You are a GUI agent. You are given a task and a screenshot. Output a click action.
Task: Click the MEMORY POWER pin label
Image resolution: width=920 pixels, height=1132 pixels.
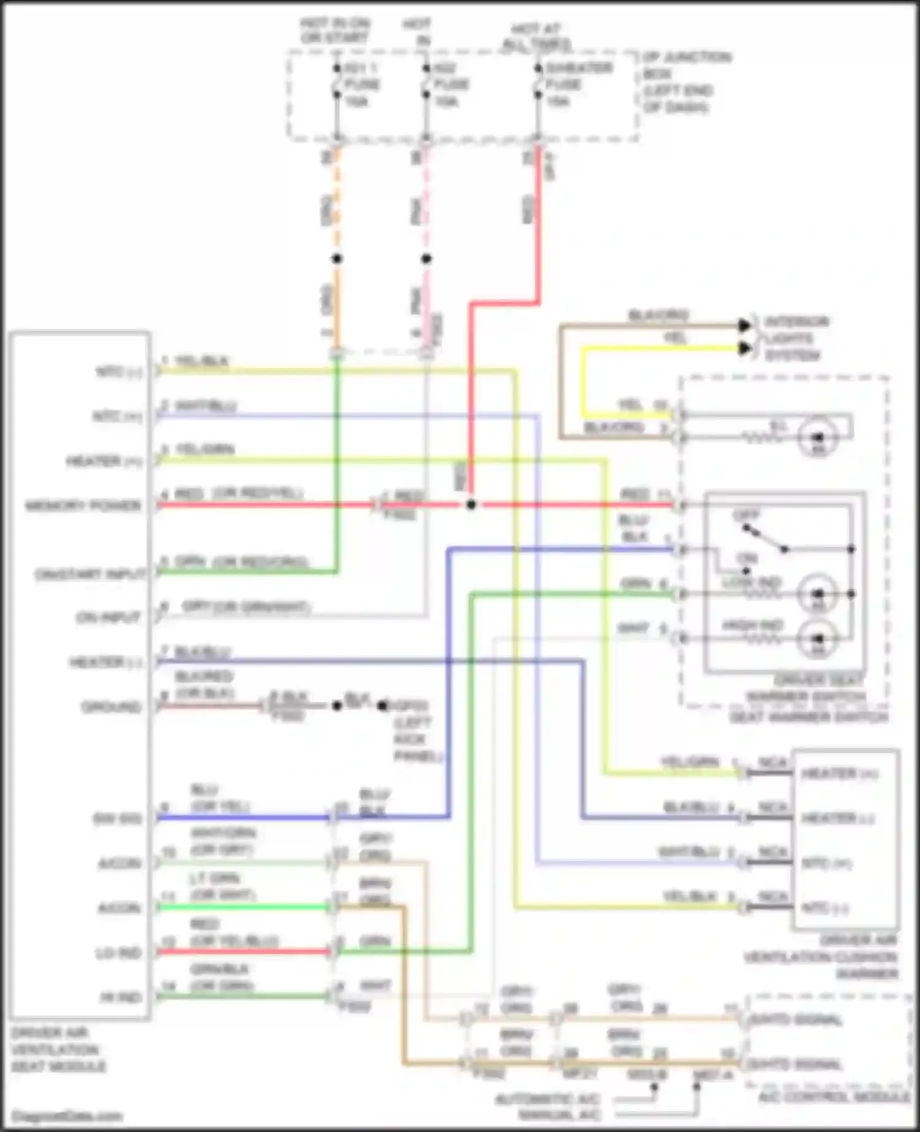pos(83,506)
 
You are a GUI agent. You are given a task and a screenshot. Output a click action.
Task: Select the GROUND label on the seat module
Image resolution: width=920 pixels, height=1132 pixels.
pos(111,707)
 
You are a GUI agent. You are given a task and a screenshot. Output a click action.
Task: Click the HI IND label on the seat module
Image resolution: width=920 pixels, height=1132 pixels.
pos(120,998)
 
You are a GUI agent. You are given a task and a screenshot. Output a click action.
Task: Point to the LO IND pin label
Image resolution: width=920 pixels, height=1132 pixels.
pos(118,953)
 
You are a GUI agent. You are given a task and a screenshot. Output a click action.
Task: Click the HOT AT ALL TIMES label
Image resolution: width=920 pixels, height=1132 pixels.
pos(537,37)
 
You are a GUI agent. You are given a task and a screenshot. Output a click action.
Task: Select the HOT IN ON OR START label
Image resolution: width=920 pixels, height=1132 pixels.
pos(334,30)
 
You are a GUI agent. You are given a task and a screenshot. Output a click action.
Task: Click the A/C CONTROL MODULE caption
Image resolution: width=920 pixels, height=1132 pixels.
pos(834,1096)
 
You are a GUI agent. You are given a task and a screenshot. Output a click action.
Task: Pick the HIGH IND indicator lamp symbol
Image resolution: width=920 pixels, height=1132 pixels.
pos(818,639)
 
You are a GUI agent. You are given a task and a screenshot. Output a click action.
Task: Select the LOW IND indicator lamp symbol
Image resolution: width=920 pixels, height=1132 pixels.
pos(818,594)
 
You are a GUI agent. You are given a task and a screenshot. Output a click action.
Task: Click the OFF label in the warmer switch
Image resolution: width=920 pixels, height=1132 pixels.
pos(746,515)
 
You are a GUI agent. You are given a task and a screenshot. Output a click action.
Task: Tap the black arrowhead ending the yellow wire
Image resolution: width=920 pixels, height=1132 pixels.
pos(745,348)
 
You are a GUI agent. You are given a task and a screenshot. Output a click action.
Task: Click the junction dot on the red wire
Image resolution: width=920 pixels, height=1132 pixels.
pos(471,505)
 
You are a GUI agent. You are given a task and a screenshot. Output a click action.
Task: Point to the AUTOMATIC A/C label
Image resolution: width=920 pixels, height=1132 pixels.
pos(548,1098)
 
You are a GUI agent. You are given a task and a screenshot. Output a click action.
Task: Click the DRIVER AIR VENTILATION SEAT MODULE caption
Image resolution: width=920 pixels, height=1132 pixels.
pos(58,1049)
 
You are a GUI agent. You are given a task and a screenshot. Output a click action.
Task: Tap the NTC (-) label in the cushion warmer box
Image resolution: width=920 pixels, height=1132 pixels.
pos(826,908)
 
